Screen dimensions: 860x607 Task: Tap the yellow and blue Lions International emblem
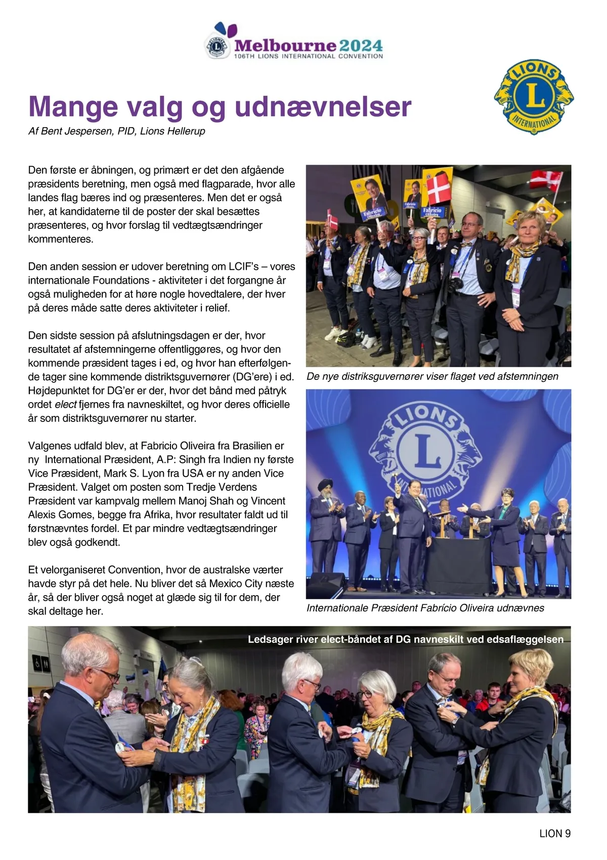(534, 96)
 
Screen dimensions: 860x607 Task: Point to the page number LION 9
(555, 833)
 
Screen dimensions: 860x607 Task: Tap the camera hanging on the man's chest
(455, 283)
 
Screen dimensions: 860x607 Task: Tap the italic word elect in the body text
(66, 404)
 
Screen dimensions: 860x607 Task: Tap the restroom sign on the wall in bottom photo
(38, 663)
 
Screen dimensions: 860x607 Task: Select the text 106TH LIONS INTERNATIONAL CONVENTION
(308, 56)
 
